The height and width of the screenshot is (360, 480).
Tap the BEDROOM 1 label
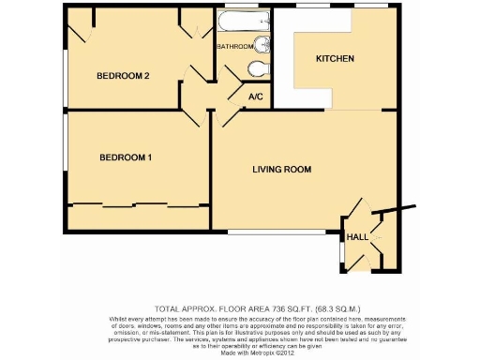(126, 157)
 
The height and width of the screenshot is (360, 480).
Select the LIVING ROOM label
(281, 170)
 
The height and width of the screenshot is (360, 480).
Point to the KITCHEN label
(335, 59)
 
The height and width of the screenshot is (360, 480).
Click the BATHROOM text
(234, 46)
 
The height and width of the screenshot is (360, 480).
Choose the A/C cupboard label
(255, 97)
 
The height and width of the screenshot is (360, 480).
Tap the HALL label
(358, 238)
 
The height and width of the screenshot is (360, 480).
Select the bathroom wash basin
(259, 43)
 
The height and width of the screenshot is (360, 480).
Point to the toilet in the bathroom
(260, 67)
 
